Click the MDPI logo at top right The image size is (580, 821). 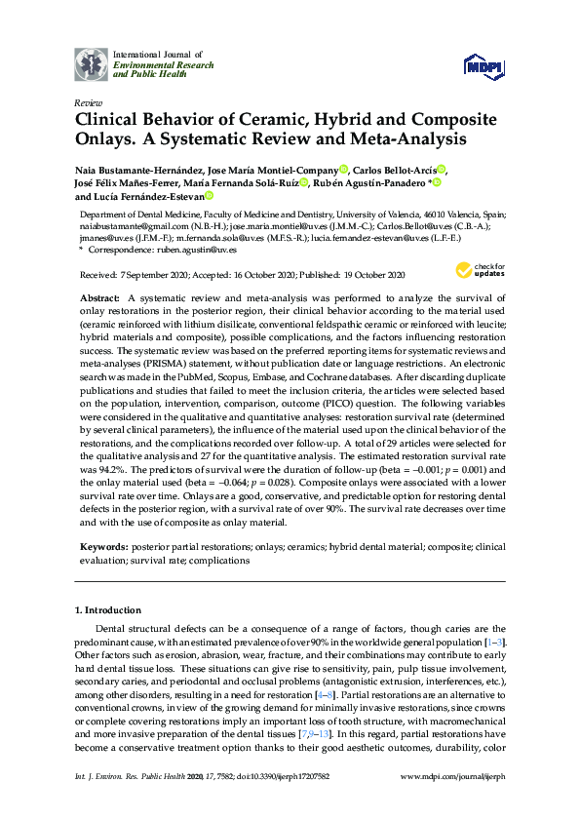coord(483,65)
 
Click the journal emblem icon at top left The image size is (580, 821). coord(93,63)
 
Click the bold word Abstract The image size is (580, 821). coord(97,296)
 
